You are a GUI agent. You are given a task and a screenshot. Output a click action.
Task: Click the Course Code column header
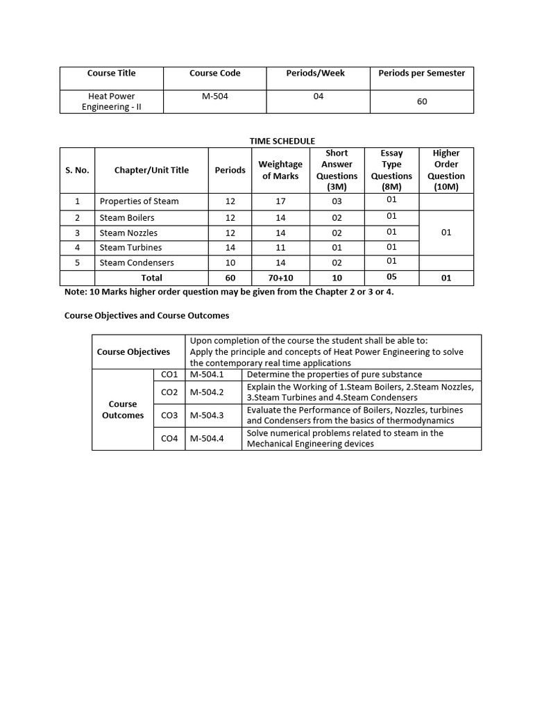click(x=215, y=73)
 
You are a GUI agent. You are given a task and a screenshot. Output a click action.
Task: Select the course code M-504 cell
click(x=215, y=97)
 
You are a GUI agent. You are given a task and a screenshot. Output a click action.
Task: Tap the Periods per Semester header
click(x=422, y=73)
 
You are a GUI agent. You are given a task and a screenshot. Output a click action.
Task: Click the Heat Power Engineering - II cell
click(x=112, y=101)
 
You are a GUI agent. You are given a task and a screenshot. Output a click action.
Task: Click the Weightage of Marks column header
click(x=280, y=170)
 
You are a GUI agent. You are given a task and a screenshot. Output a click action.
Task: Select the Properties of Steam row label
click(x=139, y=201)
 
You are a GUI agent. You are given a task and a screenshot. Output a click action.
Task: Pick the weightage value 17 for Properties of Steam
click(x=280, y=201)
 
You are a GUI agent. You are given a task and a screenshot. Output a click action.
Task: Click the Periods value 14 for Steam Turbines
click(x=230, y=247)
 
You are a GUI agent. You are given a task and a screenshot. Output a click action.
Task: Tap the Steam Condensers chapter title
click(x=137, y=262)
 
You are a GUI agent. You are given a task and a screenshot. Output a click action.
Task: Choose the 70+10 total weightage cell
click(x=280, y=278)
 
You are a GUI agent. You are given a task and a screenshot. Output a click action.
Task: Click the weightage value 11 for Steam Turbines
click(x=280, y=247)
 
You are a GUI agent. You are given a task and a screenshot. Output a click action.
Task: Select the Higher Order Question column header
click(x=446, y=170)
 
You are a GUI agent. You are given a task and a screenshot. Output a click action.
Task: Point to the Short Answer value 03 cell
click(x=337, y=201)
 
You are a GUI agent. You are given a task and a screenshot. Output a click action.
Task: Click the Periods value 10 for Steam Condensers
click(x=230, y=262)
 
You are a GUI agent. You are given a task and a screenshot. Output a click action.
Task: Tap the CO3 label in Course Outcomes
click(x=169, y=415)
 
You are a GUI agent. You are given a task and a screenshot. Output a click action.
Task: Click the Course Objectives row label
click(x=133, y=351)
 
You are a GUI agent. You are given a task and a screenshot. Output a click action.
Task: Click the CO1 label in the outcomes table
click(x=169, y=374)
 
